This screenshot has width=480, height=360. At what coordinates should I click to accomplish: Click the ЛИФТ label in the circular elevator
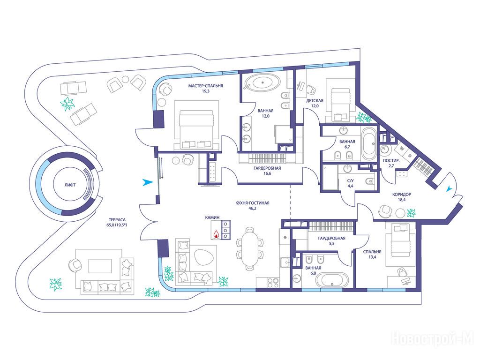pos(70,185)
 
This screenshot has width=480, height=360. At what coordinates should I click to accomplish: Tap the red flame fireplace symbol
pos(217,234)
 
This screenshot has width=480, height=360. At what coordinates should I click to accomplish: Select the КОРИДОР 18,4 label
pos(402,197)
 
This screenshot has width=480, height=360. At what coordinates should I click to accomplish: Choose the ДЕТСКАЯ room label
pos(315,103)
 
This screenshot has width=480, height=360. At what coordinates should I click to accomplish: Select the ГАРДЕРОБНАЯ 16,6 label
pos(267,171)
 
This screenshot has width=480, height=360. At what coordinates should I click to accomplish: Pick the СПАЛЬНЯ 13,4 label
pos(372,255)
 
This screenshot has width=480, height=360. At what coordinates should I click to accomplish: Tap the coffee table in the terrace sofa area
pos(100,266)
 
